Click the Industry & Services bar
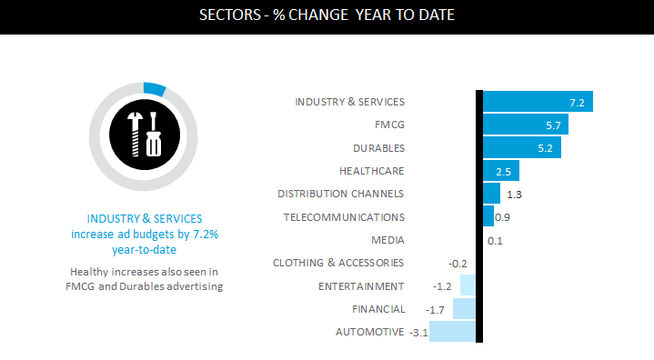click(x=538, y=101)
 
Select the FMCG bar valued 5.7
click(x=526, y=125)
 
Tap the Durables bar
click(x=522, y=147)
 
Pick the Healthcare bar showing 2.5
click(x=501, y=170)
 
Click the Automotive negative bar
click(x=452, y=331)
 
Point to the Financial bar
click(x=464, y=308)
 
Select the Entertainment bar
click(x=468, y=285)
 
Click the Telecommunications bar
click(x=488, y=215)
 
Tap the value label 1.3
click(x=514, y=195)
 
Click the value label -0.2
click(x=458, y=264)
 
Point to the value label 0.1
click(x=495, y=241)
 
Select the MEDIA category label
click(x=387, y=240)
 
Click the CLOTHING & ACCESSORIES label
click(x=338, y=263)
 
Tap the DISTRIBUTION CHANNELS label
click(x=341, y=194)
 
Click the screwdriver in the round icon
click(x=154, y=135)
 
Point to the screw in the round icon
click(x=135, y=135)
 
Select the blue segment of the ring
click(x=155, y=89)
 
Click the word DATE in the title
click(x=437, y=15)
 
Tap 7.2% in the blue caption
click(x=206, y=235)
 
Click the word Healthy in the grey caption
click(x=86, y=272)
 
